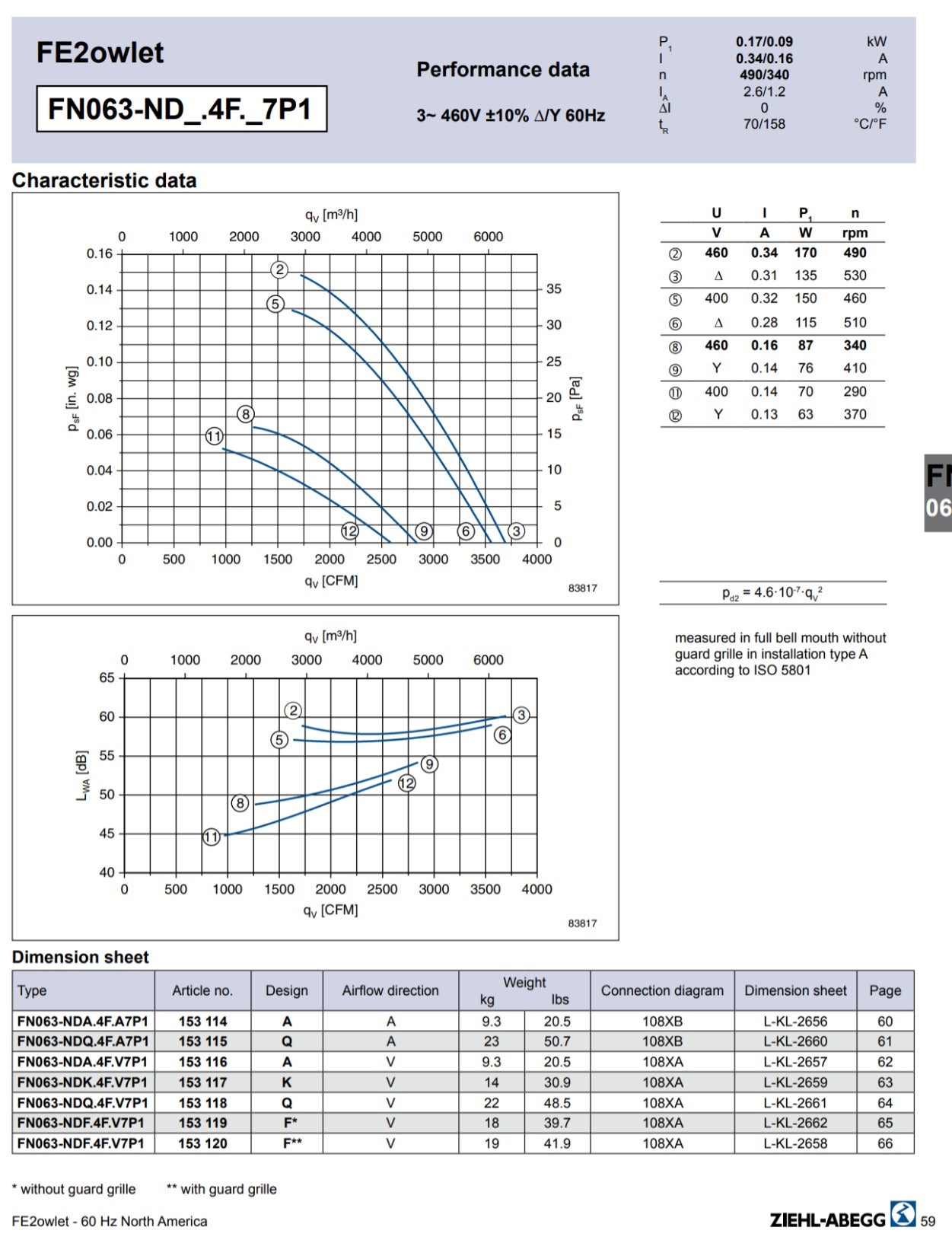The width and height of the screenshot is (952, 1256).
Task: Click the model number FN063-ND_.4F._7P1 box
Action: (x=182, y=109)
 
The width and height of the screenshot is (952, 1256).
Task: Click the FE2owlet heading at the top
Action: (x=100, y=53)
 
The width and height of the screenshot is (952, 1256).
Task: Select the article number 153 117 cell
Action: (x=202, y=1082)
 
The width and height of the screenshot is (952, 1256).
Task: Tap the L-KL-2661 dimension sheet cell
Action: (x=795, y=1103)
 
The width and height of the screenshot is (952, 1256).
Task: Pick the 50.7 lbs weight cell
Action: (x=557, y=1041)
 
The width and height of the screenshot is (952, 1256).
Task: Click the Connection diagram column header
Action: (x=662, y=990)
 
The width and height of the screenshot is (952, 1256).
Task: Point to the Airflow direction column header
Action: (x=390, y=990)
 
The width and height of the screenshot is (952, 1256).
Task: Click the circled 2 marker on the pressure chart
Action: (x=279, y=269)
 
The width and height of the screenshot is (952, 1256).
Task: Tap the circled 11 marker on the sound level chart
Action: (x=212, y=837)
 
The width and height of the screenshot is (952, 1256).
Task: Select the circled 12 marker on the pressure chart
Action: (x=350, y=531)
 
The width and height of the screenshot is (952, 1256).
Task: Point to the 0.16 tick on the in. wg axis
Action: (x=100, y=253)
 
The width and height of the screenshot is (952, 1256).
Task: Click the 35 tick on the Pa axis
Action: (x=553, y=289)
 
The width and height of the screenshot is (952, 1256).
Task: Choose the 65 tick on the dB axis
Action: (x=107, y=678)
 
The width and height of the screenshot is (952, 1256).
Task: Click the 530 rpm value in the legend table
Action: (x=855, y=276)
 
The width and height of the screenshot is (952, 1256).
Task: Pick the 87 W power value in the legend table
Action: (x=806, y=345)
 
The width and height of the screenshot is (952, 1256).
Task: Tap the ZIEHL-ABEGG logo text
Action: (x=827, y=1220)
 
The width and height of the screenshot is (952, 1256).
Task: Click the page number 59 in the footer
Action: (x=928, y=1221)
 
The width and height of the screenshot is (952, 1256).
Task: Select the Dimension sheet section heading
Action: (x=80, y=957)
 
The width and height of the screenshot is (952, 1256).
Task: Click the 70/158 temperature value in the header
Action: (x=764, y=124)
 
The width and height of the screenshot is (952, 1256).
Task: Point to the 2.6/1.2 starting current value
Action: (x=764, y=91)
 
